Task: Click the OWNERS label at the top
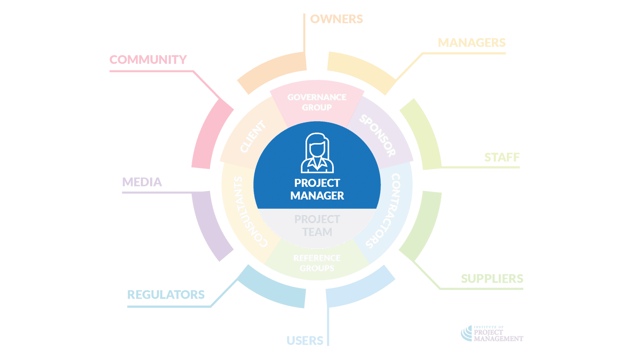point(336,19)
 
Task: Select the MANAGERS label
point(472,43)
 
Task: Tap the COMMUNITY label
point(148,60)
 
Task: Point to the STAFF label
point(502,157)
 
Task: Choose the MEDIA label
point(142,182)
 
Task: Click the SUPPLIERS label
point(492,278)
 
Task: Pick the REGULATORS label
point(166,294)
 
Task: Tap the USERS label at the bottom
point(305,341)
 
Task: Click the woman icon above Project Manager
point(317,153)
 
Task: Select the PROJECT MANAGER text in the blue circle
point(317,189)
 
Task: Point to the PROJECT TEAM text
point(317,226)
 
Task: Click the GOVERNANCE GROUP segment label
point(317,102)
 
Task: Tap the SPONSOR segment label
point(378,136)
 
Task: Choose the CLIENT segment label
point(253,136)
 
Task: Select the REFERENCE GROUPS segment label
point(317,263)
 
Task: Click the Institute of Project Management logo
point(492,334)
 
